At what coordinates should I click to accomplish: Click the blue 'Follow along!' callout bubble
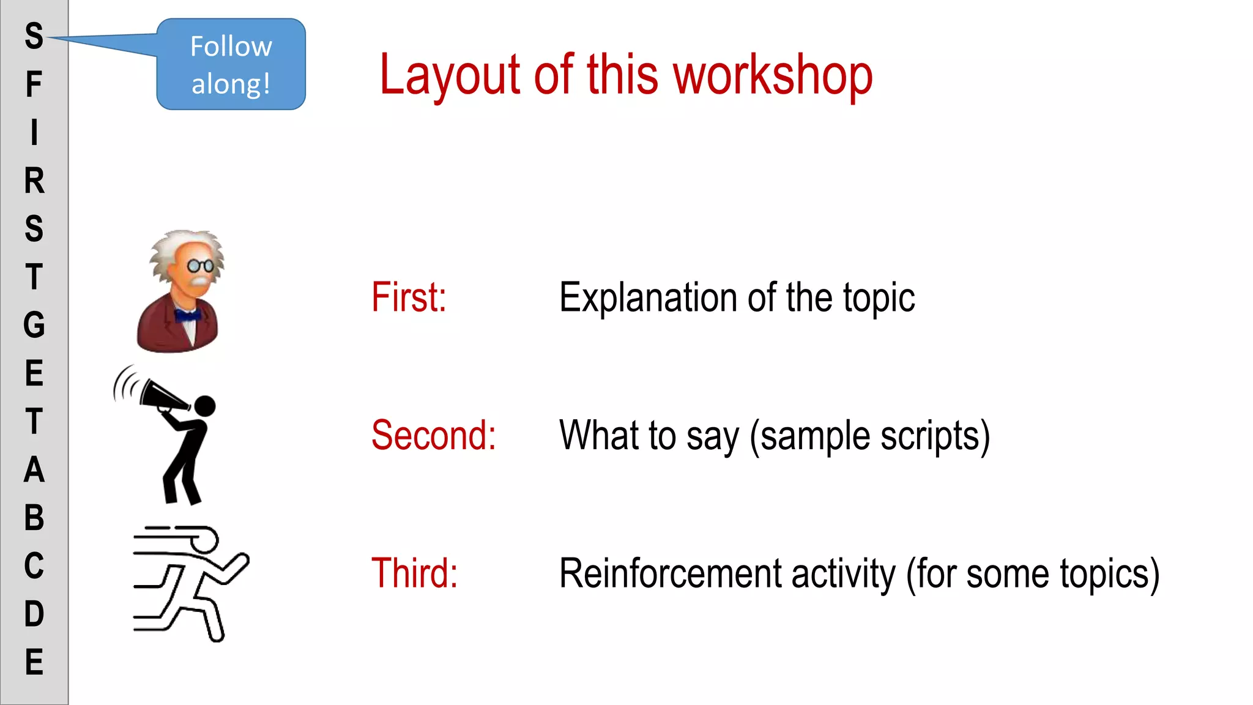click(x=231, y=64)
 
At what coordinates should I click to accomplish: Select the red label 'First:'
click(x=409, y=297)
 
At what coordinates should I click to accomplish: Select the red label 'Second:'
click(x=433, y=435)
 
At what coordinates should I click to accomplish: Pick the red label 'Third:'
click(x=414, y=573)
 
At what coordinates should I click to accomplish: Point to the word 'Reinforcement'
click(x=670, y=573)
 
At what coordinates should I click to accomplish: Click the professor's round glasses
click(x=200, y=266)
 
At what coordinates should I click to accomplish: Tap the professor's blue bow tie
click(x=187, y=316)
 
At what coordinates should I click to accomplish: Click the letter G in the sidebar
click(x=34, y=324)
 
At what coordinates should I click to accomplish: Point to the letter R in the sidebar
click(x=34, y=181)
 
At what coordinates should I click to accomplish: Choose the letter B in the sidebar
click(x=34, y=517)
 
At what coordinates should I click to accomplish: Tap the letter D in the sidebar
click(x=34, y=613)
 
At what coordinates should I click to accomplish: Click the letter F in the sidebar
click(x=34, y=84)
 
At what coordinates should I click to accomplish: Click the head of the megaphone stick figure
click(x=204, y=406)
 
